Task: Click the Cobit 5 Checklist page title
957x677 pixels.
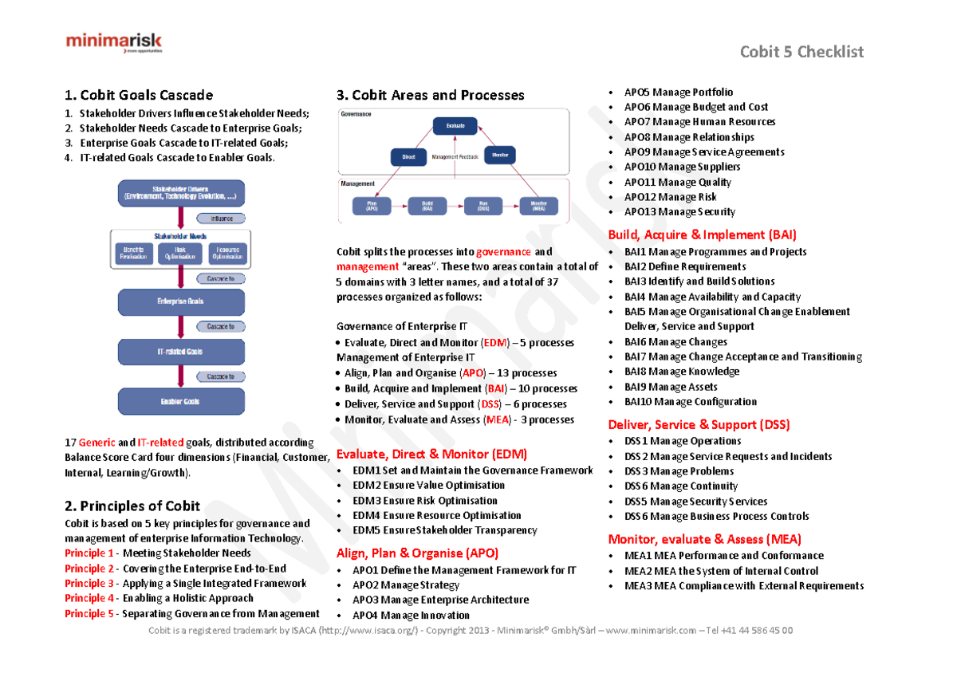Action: pos(801,52)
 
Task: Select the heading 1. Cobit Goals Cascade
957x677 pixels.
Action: pos(139,95)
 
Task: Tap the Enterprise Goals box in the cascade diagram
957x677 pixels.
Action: pos(181,301)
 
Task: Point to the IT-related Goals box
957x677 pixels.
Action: pos(181,352)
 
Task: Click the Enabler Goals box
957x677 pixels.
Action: pos(181,402)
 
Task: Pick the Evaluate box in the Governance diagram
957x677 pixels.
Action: pos(455,126)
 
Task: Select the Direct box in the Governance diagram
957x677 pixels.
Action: pos(409,156)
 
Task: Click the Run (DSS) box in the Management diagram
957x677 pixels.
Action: pos(483,207)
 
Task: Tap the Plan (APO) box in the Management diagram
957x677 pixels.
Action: pos(372,207)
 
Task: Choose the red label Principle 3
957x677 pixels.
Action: pos(89,584)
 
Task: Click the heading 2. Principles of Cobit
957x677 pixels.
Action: pos(132,506)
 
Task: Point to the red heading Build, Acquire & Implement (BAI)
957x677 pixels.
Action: pos(702,234)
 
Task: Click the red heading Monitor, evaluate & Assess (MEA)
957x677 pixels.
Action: pos(704,539)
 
